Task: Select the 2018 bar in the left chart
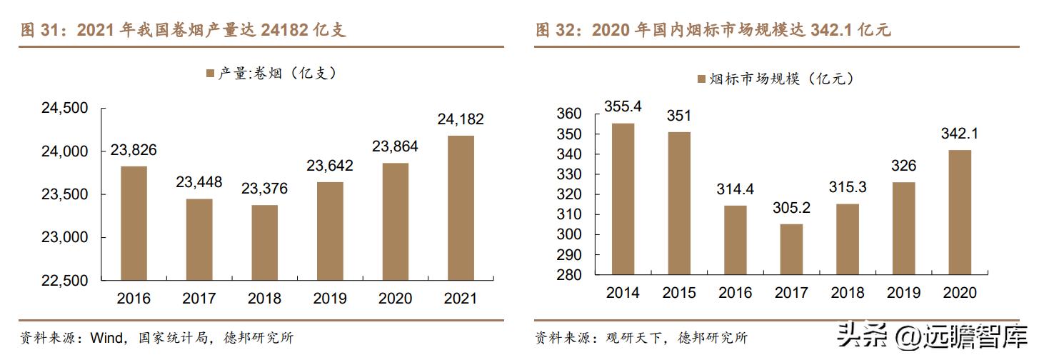(x=264, y=243)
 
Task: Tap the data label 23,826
(x=134, y=150)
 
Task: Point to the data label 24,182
(x=461, y=119)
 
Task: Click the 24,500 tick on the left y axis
(x=64, y=109)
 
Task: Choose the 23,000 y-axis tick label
(x=64, y=237)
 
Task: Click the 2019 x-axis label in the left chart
(x=330, y=298)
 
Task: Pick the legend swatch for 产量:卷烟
(x=210, y=74)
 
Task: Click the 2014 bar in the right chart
(x=623, y=199)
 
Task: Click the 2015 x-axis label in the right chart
(x=679, y=293)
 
